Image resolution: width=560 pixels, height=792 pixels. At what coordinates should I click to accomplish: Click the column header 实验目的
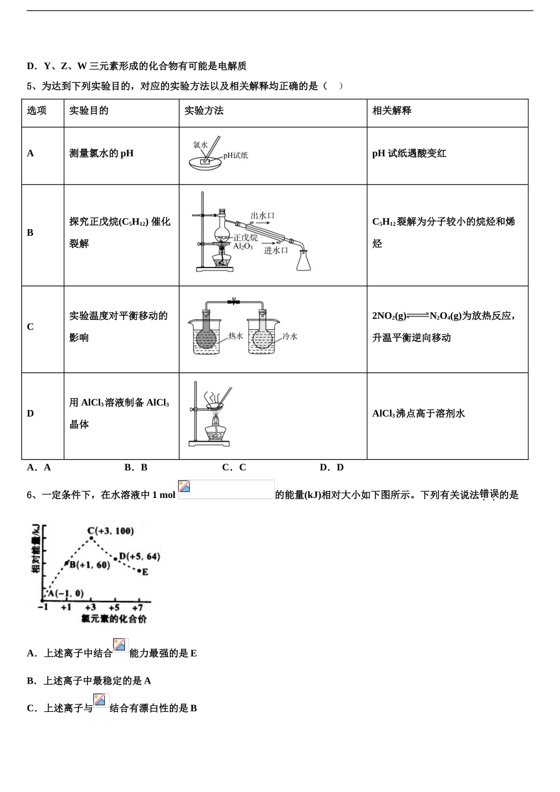[89, 111]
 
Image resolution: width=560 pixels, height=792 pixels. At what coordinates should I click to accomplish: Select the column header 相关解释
[392, 111]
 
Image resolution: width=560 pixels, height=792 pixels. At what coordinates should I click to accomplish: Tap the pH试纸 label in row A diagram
[236, 156]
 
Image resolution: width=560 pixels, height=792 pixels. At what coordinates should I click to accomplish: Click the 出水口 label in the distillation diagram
[262, 216]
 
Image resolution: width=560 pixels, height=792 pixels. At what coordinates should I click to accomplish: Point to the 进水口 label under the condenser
[276, 250]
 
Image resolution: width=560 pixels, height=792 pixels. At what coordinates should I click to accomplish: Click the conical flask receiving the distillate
[304, 261]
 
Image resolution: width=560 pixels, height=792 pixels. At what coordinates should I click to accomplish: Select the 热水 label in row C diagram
[236, 336]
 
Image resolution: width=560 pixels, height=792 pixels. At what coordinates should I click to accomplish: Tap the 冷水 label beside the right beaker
[290, 336]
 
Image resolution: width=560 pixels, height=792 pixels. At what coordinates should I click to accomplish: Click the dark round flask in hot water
[206, 338]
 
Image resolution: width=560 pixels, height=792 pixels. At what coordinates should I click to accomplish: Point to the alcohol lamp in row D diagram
[216, 434]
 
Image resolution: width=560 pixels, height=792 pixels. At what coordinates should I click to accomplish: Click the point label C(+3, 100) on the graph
[111, 531]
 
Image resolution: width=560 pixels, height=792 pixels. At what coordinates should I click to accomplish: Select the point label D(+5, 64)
[140, 556]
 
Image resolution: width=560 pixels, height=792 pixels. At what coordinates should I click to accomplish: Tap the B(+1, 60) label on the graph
[90, 565]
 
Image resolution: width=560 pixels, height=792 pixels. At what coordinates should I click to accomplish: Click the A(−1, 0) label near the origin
[65, 593]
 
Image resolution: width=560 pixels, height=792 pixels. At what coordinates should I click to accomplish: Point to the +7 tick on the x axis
[137, 608]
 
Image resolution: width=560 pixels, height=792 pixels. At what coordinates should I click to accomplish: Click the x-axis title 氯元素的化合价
[114, 619]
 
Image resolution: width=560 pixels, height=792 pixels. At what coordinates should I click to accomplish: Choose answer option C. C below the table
[234, 467]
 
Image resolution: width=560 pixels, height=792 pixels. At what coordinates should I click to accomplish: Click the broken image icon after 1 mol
[185, 487]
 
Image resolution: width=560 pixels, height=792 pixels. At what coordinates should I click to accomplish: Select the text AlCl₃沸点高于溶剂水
[419, 414]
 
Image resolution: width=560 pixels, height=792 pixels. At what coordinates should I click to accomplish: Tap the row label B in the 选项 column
[30, 233]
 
